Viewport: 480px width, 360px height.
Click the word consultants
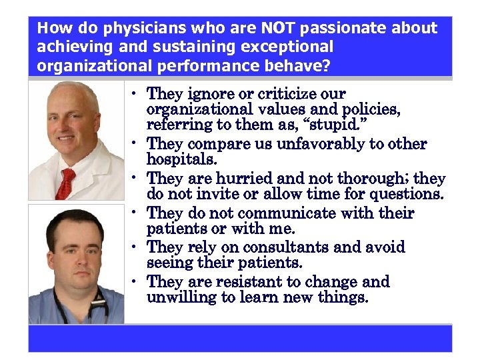coord(287,247)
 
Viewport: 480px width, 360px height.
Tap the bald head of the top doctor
coord(73,94)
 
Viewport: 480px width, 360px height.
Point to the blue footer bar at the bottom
coord(240,338)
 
